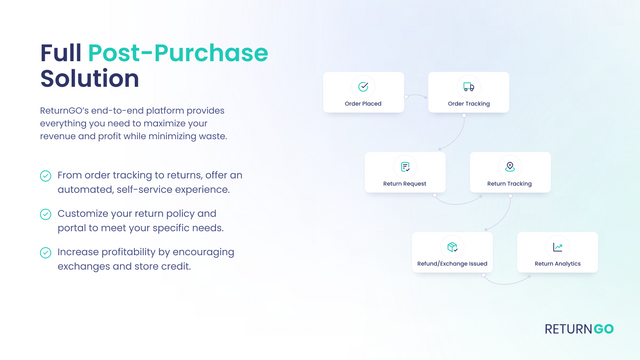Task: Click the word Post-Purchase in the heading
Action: click(178, 52)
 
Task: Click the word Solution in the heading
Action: click(90, 77)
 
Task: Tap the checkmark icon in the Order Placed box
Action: click(363, 87)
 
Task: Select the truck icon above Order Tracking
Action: click(469, 87)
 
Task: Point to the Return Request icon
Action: click(405, 166)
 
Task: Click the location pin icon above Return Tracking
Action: click(510, 166)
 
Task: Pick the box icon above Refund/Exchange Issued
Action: click(452, 246)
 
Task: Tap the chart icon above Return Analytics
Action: click(557, 246)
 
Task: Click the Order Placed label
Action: click(363, 103)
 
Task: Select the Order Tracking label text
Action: click(469, 103)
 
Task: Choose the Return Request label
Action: click(405, 183)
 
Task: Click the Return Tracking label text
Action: click(510, 183)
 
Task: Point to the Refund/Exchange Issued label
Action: click(452, 263)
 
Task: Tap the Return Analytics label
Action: click(557, 263)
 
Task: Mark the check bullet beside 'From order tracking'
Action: click(46, 176)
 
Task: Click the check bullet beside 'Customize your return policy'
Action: click(46, 214)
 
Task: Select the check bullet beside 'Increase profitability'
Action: click(46, 252)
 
